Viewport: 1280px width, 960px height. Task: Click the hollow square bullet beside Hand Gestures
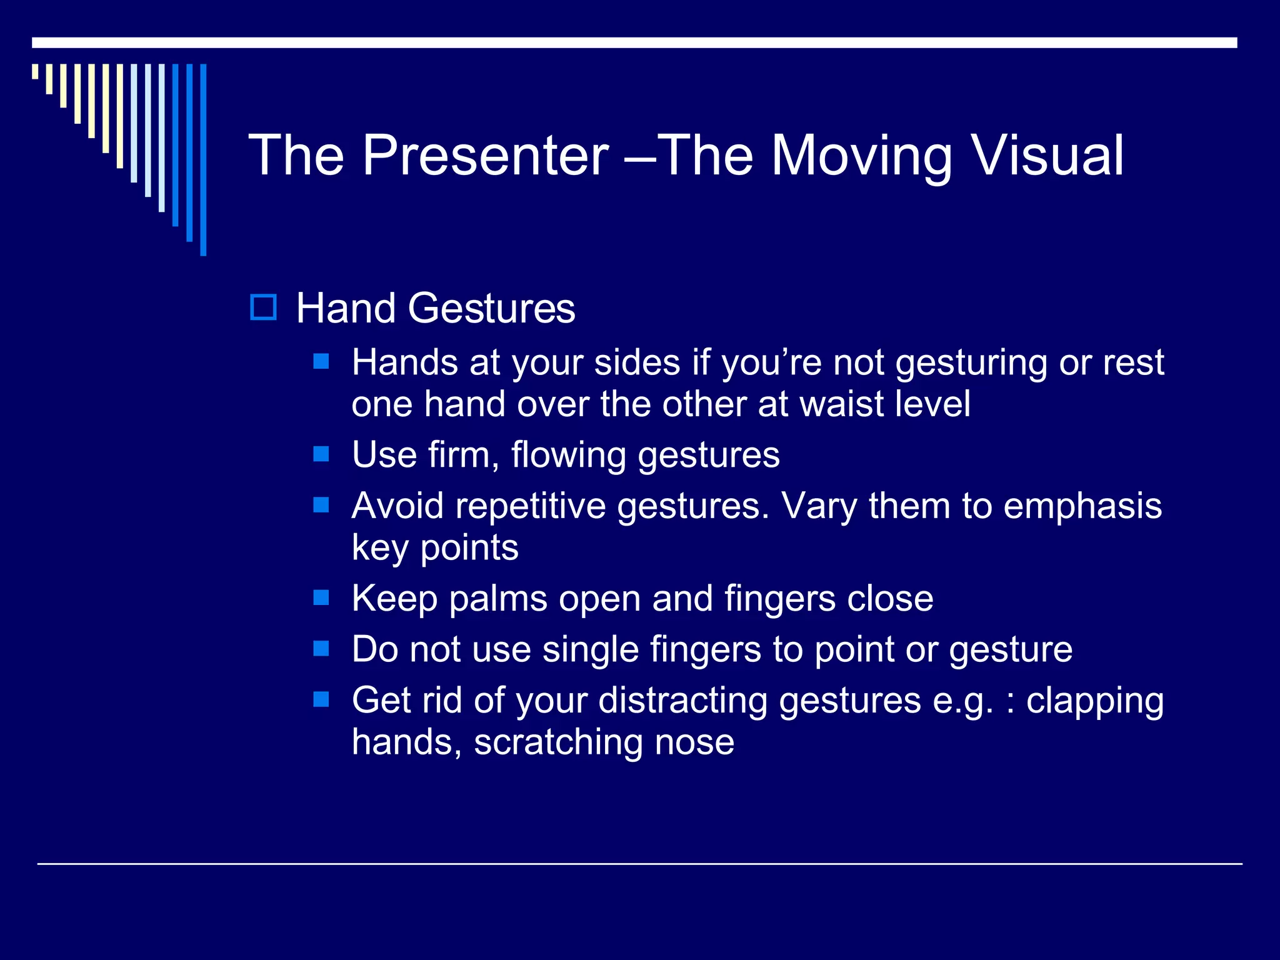(x=263, y=307)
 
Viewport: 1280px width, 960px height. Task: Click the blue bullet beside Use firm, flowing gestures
(x=321, y=454)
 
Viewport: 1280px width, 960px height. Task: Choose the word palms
(x=497, y=599)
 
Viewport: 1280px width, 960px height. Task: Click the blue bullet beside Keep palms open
(x=321, y=598)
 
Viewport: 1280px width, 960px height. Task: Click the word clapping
(x=1094, y=701)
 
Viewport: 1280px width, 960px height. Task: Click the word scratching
(x=557, y=742)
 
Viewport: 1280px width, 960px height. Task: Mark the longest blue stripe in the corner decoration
(x=203, y=159)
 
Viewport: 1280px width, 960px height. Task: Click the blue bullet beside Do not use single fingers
(x=321, y=649)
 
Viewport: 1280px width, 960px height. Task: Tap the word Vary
(x=819, y=506)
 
